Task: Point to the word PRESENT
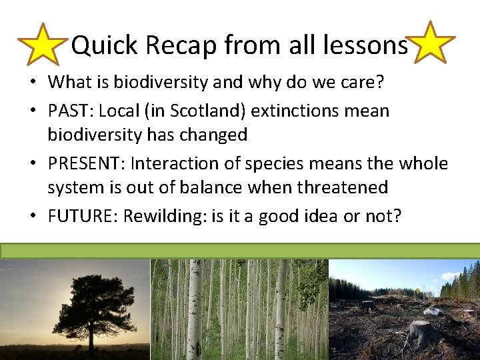click(x=83, y=163)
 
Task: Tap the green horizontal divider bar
click(x=240, y=251)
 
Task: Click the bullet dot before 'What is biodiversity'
click(x=33, y=83)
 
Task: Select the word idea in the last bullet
click(x=329, y=217)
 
